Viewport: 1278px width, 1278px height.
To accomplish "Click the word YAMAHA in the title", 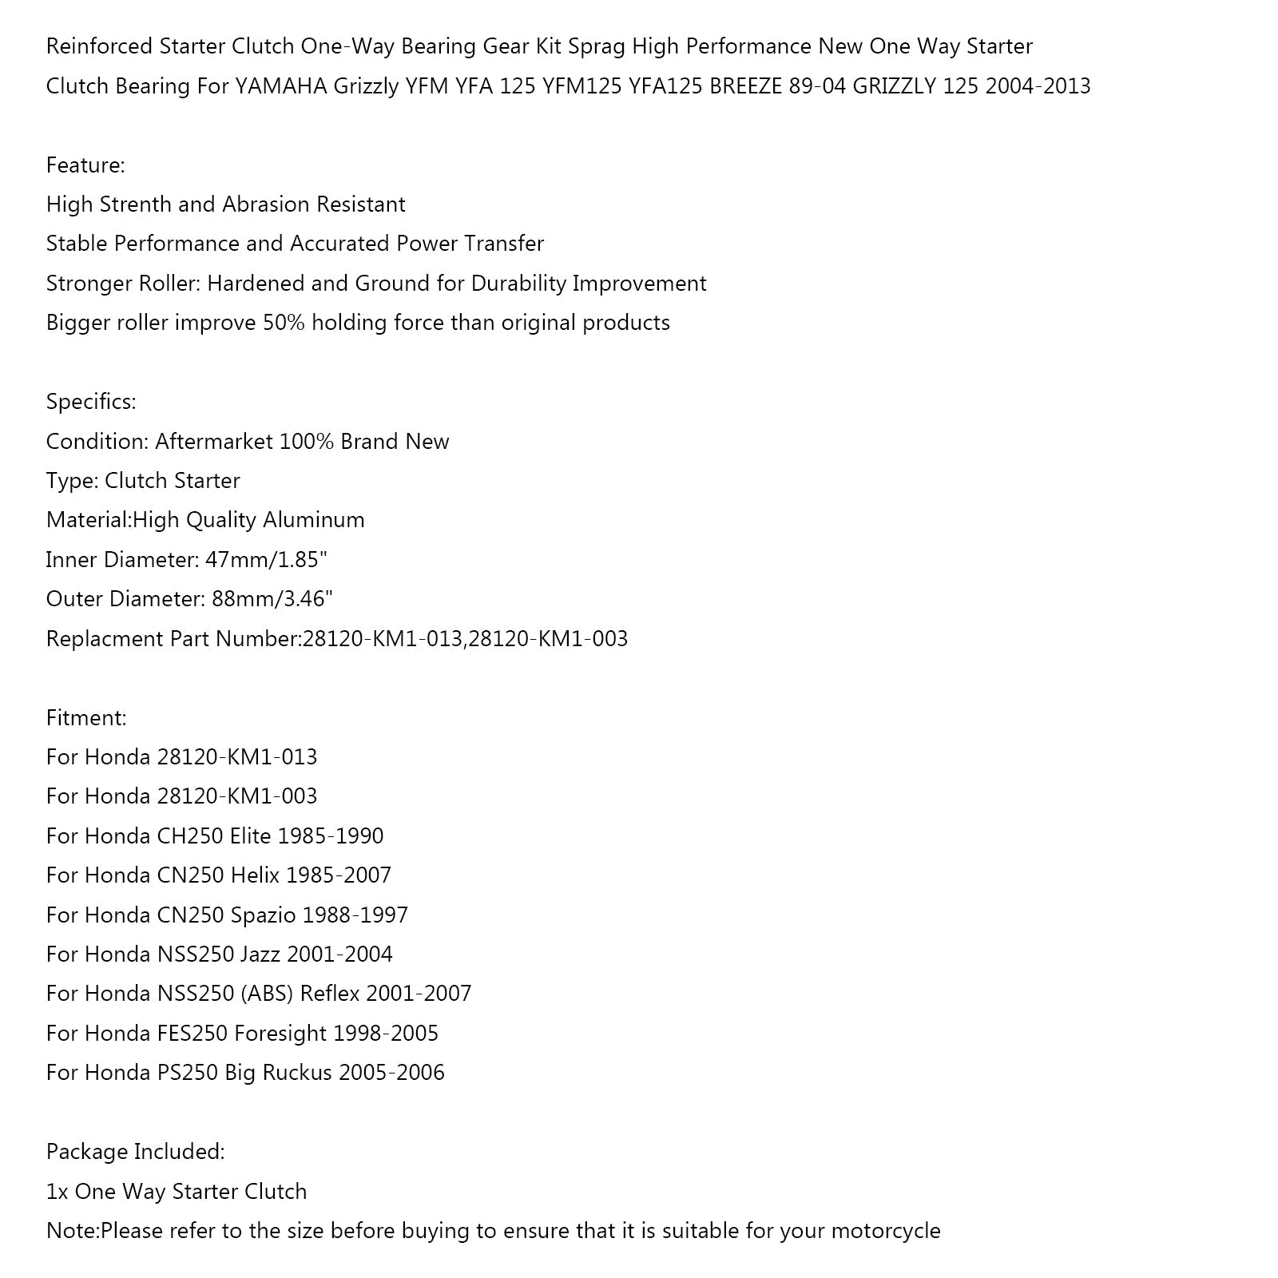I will (281, 86).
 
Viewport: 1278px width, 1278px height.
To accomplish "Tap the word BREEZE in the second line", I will (745, 86).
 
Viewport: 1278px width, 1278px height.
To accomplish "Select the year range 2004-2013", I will (1038, 86).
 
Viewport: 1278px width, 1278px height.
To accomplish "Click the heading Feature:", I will (85, 165).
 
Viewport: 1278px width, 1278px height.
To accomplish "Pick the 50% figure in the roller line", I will (284, 323).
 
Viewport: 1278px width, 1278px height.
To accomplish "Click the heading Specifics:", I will (91, 402).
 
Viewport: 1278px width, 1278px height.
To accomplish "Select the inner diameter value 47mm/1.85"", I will (266, 560).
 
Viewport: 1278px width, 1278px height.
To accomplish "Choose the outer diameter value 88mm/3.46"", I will (272, 599).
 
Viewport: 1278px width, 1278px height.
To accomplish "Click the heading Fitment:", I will (86, 717).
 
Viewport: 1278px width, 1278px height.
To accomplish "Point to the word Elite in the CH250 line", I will (250, 836).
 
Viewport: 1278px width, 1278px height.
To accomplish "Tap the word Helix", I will (255, 875).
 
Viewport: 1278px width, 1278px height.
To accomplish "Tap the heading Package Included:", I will (135, 1152).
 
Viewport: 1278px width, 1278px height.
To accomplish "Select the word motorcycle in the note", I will (886, 1231).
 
